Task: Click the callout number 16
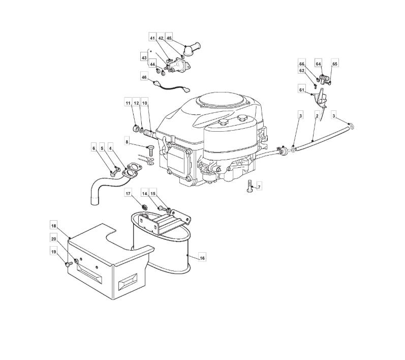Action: coord(202,258)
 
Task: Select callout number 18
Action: coord(54,224)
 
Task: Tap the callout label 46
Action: coord(144,77)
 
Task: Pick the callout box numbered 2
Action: coord(317,116)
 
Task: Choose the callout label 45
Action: coord(169,38)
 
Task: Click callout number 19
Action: coord(54,251)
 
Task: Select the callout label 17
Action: coord(129,193)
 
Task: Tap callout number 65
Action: coord(335,64)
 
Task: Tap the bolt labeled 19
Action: coord(67,264)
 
